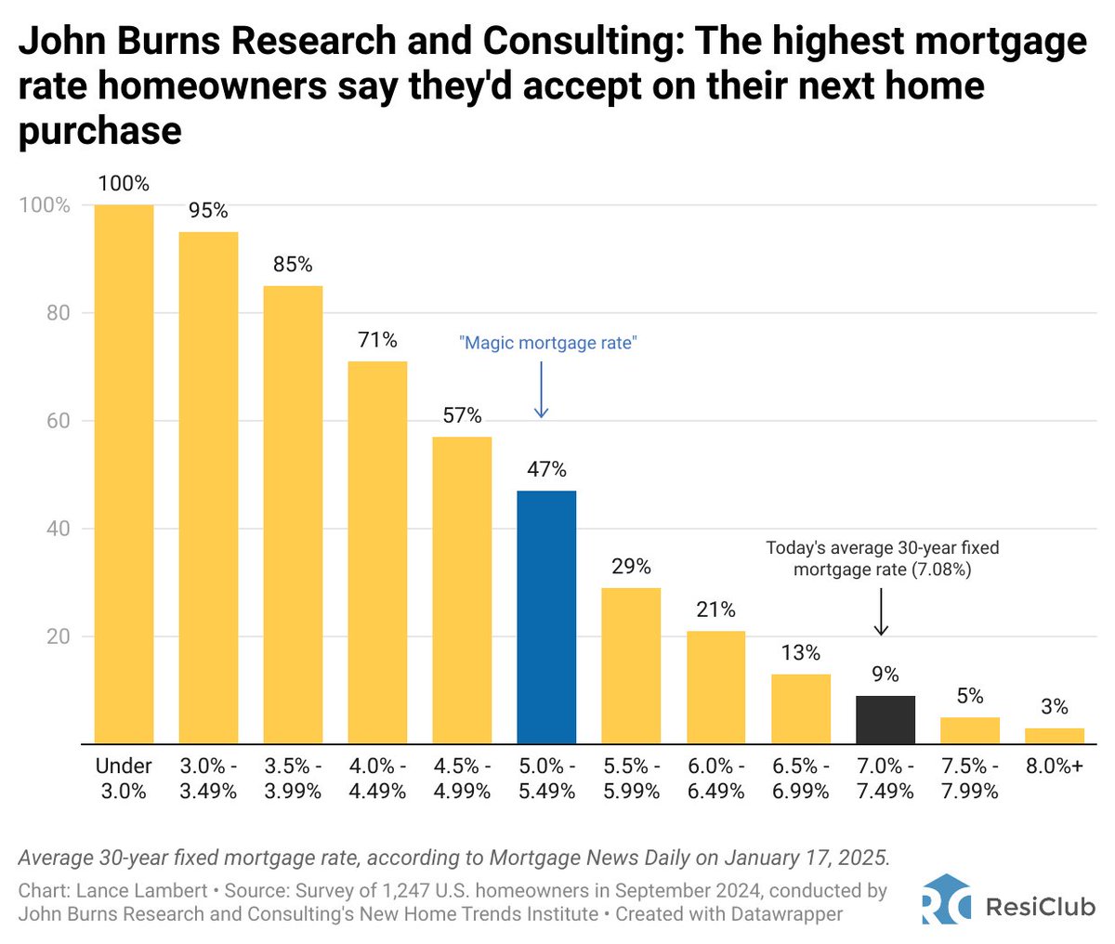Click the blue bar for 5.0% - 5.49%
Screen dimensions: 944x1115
[x=546, y=617]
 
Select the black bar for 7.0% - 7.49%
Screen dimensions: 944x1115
[x=885, y=720]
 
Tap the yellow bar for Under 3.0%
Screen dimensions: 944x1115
[x=124, y=474]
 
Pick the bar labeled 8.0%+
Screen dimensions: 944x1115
[x=1054, y=736]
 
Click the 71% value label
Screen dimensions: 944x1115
[x=377, y=340]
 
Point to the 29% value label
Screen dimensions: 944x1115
[x=631, y=567]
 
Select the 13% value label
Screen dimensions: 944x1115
[x=800, y=653]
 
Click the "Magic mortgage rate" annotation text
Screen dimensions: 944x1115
[x=548, y=343]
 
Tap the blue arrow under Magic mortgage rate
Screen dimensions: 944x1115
[x=542, y=390]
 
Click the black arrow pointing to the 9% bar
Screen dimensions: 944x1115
[x=882, y=615]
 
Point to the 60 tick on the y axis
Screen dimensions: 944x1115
[x=58, y=421]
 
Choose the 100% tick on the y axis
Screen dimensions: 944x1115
[x=45, y=205]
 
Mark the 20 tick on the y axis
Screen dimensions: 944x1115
[x=58, y=637]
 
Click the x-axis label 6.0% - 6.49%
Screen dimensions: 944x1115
[x=715, y=779]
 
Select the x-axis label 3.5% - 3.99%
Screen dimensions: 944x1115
[x=293, y=779]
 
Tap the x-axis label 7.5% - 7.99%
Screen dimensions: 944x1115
[x=969, y=779]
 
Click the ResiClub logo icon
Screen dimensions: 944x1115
[x=946, y=900]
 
